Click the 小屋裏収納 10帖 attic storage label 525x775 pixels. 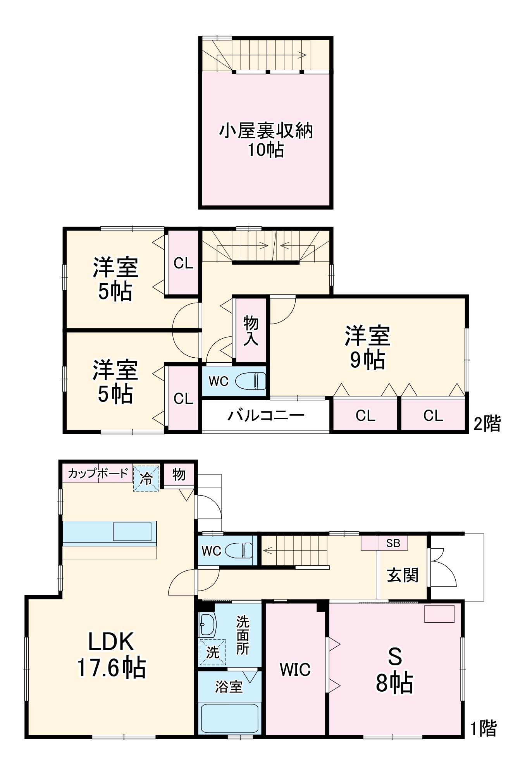tap(266, 140)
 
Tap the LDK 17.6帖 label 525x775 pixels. tap(112, 654)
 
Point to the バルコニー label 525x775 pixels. tap(266, 415)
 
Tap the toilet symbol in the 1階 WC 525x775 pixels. tap(239, 550)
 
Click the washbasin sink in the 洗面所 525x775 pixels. tap(207, 624)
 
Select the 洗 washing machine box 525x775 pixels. tap(212, 652)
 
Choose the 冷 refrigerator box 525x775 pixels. tap(146, 479)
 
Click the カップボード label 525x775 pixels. tap(98, 473)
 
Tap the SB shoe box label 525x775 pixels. tap(392, 543)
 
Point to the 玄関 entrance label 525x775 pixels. tap(403, 575)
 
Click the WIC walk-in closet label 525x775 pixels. tap(295, 669)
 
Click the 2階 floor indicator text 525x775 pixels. tap(487, 423)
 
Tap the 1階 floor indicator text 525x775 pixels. tap(483, 728)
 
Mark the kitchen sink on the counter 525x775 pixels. tap(132, 531)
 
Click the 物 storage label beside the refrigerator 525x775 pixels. tap(179, 474)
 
